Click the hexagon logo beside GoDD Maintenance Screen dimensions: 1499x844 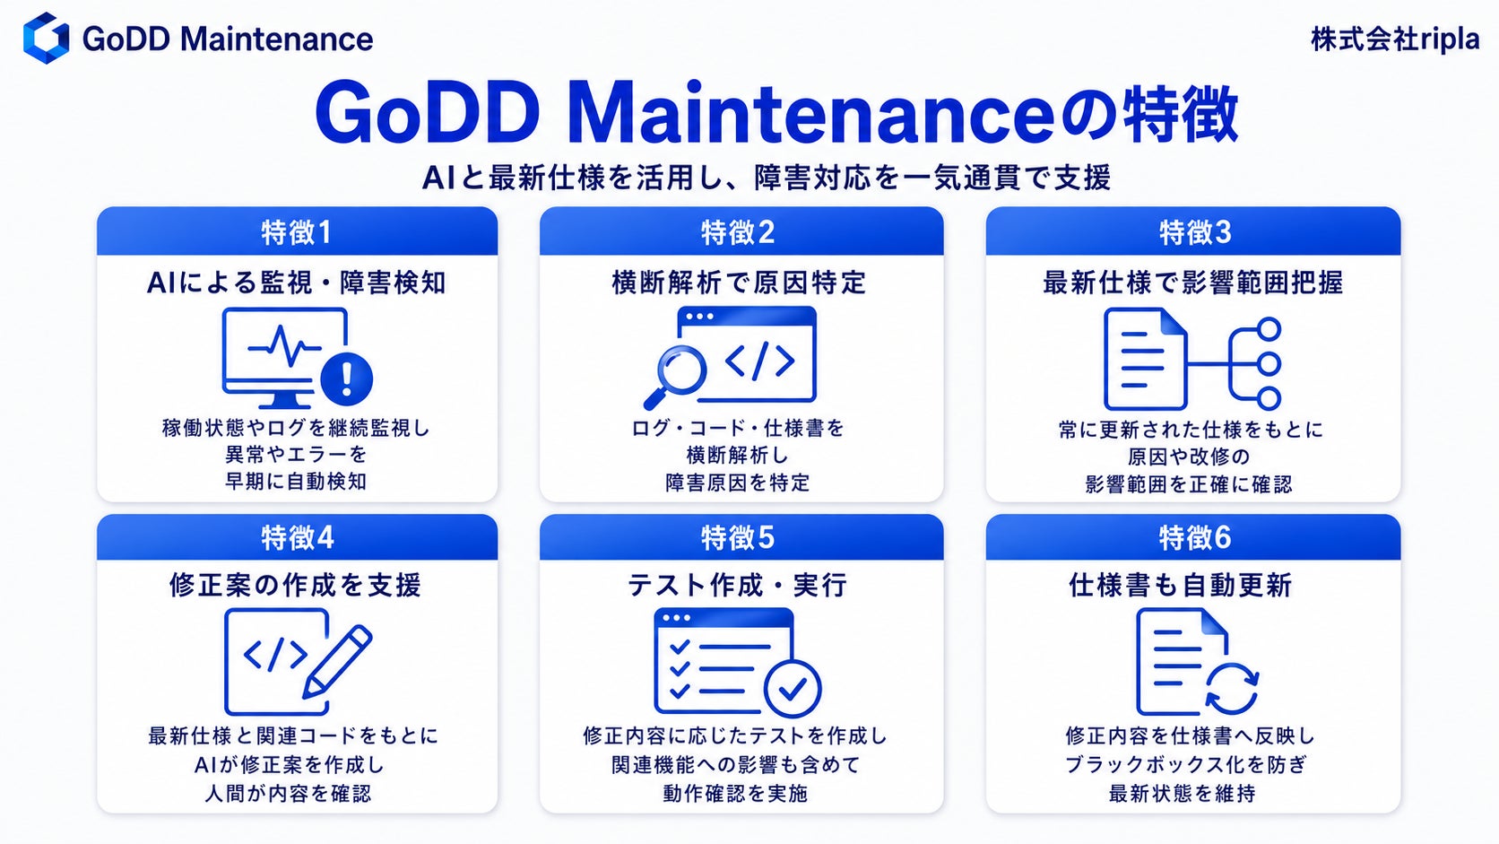[46, 39]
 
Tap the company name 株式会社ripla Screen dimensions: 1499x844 [1395, 39]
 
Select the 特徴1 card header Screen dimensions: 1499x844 [297, 231]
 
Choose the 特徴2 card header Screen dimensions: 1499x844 [741, 231]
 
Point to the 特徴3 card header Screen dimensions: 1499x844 [1193, 231]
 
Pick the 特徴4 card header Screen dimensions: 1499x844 [297, 536]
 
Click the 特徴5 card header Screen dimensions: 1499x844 [741, 536]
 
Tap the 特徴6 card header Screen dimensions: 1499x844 [1193, 536]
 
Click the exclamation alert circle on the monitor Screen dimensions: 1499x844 [347, 378]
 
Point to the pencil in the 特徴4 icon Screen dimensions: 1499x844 [337, 662]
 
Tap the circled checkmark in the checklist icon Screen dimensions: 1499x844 [793, 689]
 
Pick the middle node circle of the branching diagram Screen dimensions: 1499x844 [1269, 364]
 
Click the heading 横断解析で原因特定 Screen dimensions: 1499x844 [740, 283]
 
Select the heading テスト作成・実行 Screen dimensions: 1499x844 [738, 586]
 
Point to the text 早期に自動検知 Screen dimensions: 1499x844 [296, 482]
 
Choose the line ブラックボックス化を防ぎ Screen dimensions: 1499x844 [1186, 764]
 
